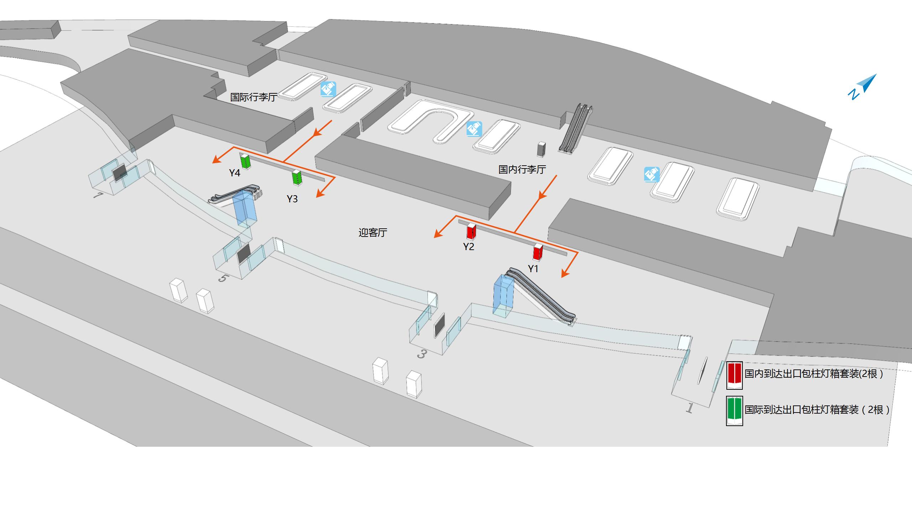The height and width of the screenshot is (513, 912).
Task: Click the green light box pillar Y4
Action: (x=245, y=162)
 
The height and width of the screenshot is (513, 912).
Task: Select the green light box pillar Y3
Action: (x=297, y=177)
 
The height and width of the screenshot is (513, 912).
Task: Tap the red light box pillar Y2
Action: (x=472, y=232)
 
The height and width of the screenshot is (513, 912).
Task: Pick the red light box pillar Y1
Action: (x=538, y=252)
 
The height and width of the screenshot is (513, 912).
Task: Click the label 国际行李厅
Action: (x=253, y=97)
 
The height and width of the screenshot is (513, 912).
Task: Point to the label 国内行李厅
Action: (x=522, y=169)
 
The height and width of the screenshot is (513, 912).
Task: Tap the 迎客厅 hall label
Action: (x=373, y=233)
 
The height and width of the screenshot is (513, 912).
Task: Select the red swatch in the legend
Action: (x=734, y=375)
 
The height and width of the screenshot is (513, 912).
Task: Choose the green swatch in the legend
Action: (x=734, y=411)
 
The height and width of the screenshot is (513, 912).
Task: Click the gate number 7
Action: (x=98, y=196)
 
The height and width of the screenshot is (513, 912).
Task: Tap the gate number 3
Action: (x=422, y=354)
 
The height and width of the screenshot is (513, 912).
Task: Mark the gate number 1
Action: (x=689, y=408)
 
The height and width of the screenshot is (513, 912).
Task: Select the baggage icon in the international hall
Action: (x=328, y=89)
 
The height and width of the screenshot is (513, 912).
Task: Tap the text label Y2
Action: (x=468, y=247)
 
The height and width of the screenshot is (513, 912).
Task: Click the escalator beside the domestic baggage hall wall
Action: (x=575, y=128)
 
